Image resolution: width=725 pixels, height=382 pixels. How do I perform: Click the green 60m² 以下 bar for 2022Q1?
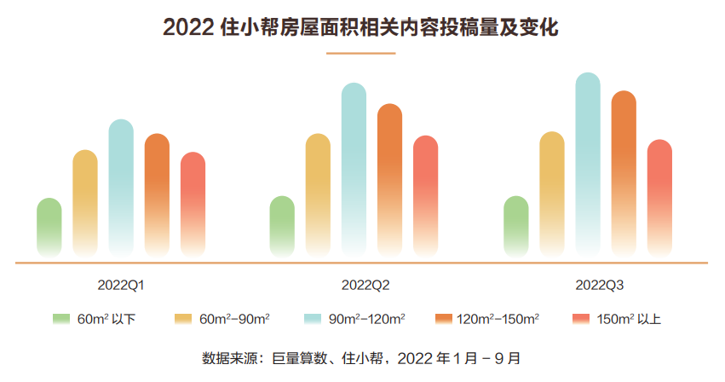coord(49,228)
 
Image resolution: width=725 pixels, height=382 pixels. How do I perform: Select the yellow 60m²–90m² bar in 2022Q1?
coord(85,203)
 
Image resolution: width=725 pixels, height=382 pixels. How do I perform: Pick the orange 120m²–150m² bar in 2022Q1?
coord(157,194)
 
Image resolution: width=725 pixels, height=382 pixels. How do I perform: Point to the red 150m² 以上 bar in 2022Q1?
coord(193,204)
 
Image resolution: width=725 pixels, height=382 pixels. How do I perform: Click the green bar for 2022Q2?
coord(282,227)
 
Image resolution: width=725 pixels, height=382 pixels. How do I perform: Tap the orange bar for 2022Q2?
coord(389,180)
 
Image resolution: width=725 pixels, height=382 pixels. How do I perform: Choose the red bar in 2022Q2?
coord(425,196)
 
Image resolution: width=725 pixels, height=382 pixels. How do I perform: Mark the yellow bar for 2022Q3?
coord(552,194)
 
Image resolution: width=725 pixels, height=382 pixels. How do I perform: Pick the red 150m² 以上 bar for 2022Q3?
coord(659,198)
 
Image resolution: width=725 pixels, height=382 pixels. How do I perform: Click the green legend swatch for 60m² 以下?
coord(61,320)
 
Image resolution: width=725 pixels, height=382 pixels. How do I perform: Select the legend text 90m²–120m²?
coord(366,320)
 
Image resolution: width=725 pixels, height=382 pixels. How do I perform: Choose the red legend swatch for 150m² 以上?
coord(580,320)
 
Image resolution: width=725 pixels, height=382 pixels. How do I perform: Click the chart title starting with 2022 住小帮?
coord(360,27)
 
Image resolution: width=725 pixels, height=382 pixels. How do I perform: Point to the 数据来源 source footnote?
coord(361,357)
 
